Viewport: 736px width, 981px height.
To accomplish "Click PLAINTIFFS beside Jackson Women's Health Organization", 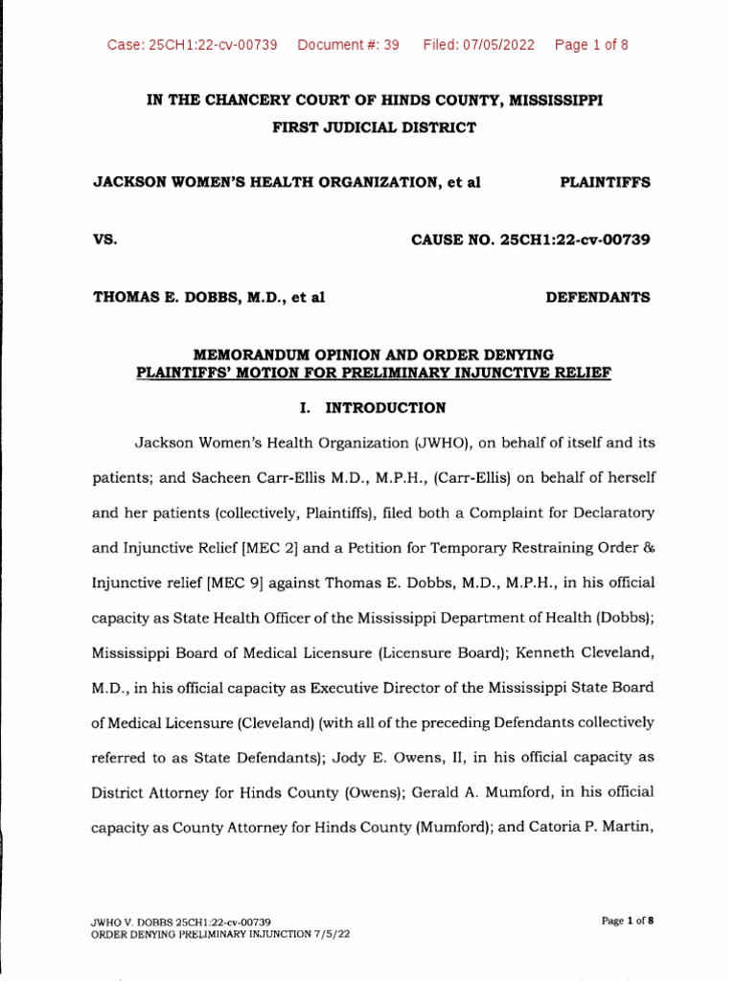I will tap(604, 182).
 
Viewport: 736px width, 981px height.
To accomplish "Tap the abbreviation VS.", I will tap(103, 240).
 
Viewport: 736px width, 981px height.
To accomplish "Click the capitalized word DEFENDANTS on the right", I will tap(597, 297).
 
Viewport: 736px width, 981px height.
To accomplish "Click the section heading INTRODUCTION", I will tap(385, 408).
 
